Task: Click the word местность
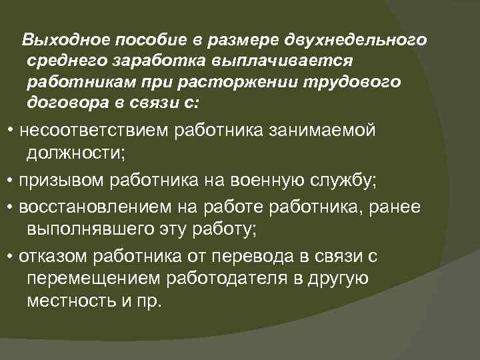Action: (x=66, y=300)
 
